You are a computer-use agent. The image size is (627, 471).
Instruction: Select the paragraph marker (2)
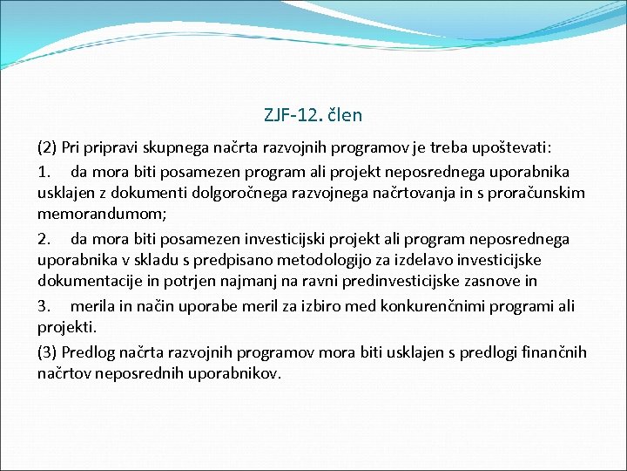click(x=48, y=147)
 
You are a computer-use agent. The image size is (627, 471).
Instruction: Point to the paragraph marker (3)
click(x=48, y=352)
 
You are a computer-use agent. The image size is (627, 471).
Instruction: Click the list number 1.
click(x=45, y=170)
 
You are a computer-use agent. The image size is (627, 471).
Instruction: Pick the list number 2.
click(x=45, y=238)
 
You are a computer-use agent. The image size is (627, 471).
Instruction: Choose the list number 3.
click(x=45, y=306)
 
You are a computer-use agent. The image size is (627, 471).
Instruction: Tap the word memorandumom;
click(x=95, y=215)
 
